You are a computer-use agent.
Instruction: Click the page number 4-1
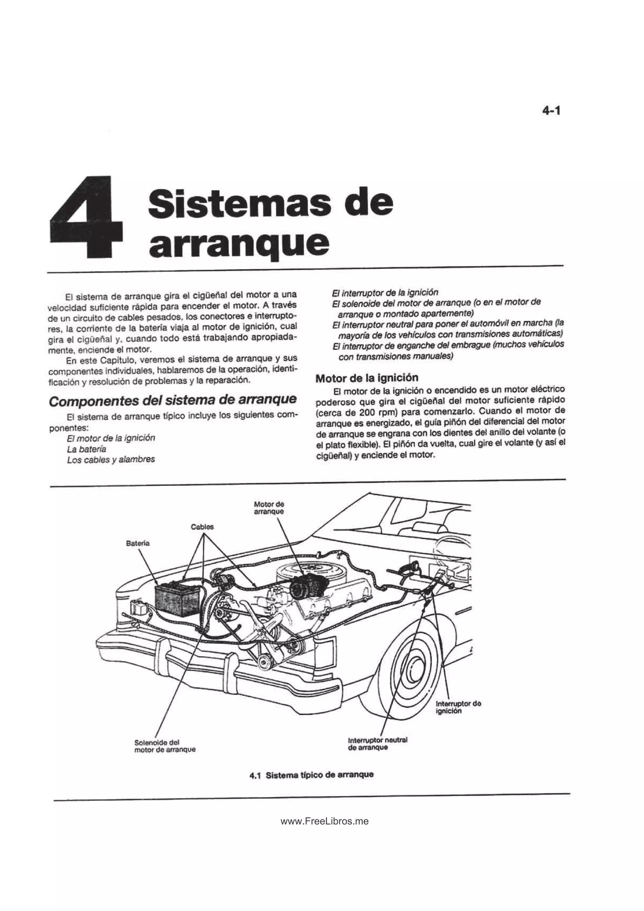tap(551, 111)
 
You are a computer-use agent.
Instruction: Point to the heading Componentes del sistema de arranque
tap(173, 400)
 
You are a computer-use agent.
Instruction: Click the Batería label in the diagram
tap(138, 543)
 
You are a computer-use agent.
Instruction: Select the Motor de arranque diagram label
tap(269, 508)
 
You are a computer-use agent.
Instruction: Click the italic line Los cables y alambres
tap(111, 460)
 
